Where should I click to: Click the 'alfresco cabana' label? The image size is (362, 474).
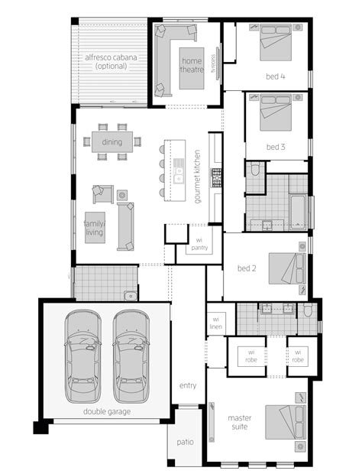(111, 62)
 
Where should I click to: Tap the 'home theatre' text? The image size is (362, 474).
(192, 67)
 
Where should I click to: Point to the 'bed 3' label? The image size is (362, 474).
(276, 146)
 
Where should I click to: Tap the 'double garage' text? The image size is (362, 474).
(108, 411)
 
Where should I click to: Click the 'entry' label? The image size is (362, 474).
(188, 385)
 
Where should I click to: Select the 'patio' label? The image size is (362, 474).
(185, 441)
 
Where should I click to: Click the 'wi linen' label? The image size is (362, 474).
(216, 322)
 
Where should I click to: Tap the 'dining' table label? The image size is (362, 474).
(112, 141)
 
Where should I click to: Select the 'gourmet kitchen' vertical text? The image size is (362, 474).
(196, 175)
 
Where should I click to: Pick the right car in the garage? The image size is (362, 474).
(131, 355)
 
